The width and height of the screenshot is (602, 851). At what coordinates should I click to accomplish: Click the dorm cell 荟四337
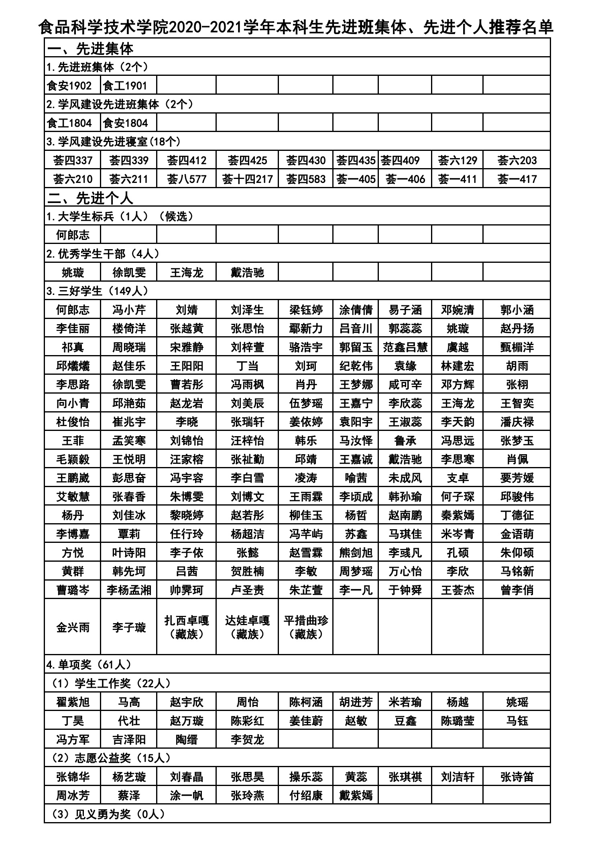pyautogui.click(x=73, y=160)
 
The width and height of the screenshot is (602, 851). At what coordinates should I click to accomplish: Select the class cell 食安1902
pyautogui.click(x=69, y=86)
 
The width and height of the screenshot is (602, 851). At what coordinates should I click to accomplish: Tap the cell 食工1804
pyautogui.click(x=69, y=123)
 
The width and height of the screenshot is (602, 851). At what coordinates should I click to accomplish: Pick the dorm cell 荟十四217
pyautogui.click(x=247, y=179)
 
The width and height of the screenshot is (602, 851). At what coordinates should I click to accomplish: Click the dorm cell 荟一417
pyautogui.click(x=517, y=179)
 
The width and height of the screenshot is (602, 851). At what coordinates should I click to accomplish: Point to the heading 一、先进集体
pyautogui.click(x=90, y=49)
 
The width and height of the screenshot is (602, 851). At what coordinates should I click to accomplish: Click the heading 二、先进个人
pyautogui.click(x=90, y=198)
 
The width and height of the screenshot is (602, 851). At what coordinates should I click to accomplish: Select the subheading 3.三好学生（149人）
pyautogui.click(x=98, y=291)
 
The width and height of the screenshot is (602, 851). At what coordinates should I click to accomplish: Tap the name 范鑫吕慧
pyautogui.click(x=405, y=347)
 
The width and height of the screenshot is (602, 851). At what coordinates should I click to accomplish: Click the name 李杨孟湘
pyautogui.click(x=129, y=590)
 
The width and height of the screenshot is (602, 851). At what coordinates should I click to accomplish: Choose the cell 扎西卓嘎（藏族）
pyautogui.click(x=187, y=627)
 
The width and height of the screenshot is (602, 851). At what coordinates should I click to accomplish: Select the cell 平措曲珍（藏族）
pyautogui.click(x=306, y=627)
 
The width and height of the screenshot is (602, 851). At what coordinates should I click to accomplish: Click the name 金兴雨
pyautogui.click(x=73, y=628)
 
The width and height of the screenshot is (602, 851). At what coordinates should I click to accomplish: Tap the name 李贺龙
pyautogui.click(x=247, y=739)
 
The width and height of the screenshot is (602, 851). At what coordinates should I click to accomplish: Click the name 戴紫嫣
pyautogui.click(x=356, y=795)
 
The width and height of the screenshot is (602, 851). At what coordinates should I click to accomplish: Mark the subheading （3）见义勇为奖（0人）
pyautogui.click(x=108, y=814)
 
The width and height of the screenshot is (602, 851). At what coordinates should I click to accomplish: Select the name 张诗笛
pyautogui.click(x=517, y=777)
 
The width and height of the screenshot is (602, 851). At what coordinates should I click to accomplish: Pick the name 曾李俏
pyautogui.click(x=517, y=590)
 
